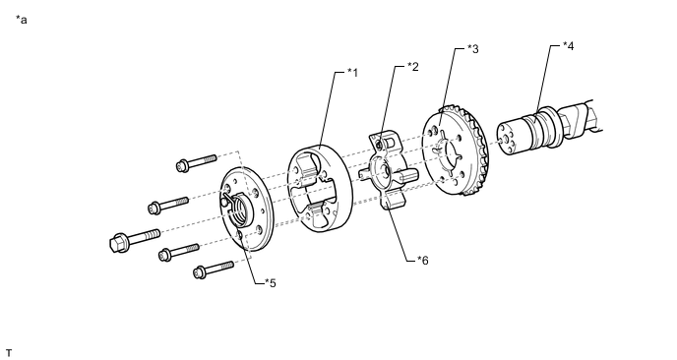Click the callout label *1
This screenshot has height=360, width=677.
click(x=352, y=73)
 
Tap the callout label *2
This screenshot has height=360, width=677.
click(x=413, y=67)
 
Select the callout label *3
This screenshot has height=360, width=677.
click(x=473, y=49)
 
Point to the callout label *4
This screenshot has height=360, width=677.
click(x=569, y=46)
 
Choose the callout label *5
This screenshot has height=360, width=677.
click(x=271, y=283)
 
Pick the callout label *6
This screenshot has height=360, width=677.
click(x=423, y=261)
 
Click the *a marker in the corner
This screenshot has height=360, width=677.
click(x=22, y=20)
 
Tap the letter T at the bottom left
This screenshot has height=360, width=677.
click(x=9, y=353)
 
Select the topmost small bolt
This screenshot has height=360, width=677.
click(x=196, y=162)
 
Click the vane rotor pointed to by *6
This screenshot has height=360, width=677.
click(x=388, y=173)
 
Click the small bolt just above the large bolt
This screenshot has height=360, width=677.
click(x=168, y=205)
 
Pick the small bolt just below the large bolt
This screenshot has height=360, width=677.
click(x=179, y=252)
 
